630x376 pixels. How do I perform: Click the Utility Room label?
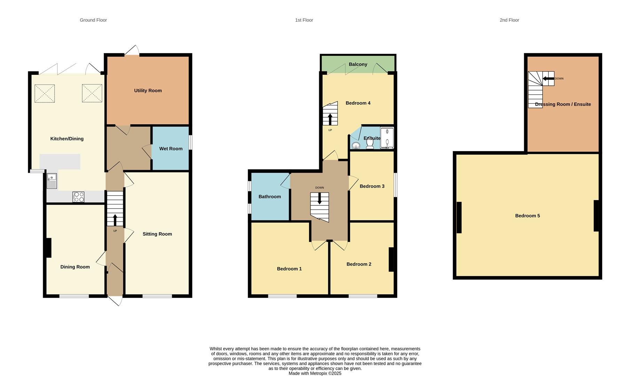click(x=148, y=91)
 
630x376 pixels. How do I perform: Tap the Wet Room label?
click(x=171, y=149)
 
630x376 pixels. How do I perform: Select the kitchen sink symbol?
click(x=52, y=181)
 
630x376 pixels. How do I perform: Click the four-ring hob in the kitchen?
click(x=79, y=197)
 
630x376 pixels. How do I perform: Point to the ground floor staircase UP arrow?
click(x=115, y=220)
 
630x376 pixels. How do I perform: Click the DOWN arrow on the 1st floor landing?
click(x=320, y=198)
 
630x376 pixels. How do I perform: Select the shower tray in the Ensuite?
click(x=387, y=139)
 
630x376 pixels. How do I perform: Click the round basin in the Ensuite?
click(x=356, y=145)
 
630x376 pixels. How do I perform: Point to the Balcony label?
click(x=358, y=64)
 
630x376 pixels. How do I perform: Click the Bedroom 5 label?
click(x=527, y=216)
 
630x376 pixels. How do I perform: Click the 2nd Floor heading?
click(x=509, y=20)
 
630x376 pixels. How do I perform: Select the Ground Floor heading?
click(x=93, y=20)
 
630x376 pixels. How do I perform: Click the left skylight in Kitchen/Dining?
click(x=45, y=93)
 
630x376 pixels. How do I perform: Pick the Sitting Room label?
click(x=157, y=234)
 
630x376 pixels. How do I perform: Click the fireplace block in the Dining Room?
click(x=49, y=248)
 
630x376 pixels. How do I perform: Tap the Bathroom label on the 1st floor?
click(x=269, y=197)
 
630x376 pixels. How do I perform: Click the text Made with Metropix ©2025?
click(x=315, y=373)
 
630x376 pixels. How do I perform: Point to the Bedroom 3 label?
click(x=372, y=186)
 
